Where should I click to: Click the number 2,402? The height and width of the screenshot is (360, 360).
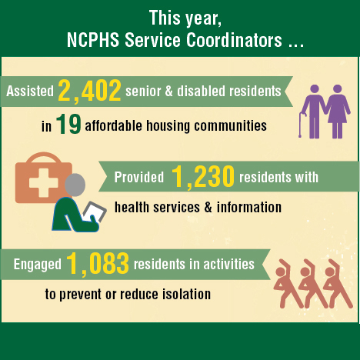pos(89,91)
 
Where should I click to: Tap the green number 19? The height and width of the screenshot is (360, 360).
pos(68,125)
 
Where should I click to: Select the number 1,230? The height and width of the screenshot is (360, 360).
pos(203,176)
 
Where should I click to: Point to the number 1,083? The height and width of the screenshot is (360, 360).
pos(98,263)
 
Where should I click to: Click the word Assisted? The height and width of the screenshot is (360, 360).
pos(30,91)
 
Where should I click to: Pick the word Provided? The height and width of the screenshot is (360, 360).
pos(139,177)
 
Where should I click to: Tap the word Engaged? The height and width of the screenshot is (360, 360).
pos(38,265)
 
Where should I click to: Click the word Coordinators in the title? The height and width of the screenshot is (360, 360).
pos(234,40)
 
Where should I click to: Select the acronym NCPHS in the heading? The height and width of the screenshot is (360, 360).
pos(93,40)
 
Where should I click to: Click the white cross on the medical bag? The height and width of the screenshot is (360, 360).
pos(44,183)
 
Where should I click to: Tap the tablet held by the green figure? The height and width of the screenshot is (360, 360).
pos(95,212)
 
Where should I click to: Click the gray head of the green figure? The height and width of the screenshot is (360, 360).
pos(75,185)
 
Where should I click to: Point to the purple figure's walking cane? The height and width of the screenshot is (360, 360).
pos(302,124)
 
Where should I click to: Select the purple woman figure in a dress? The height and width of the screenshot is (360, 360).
pos(337,112)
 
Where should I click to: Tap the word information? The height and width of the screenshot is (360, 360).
pos(249,207)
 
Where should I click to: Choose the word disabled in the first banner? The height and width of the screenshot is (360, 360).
pos(201,91)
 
